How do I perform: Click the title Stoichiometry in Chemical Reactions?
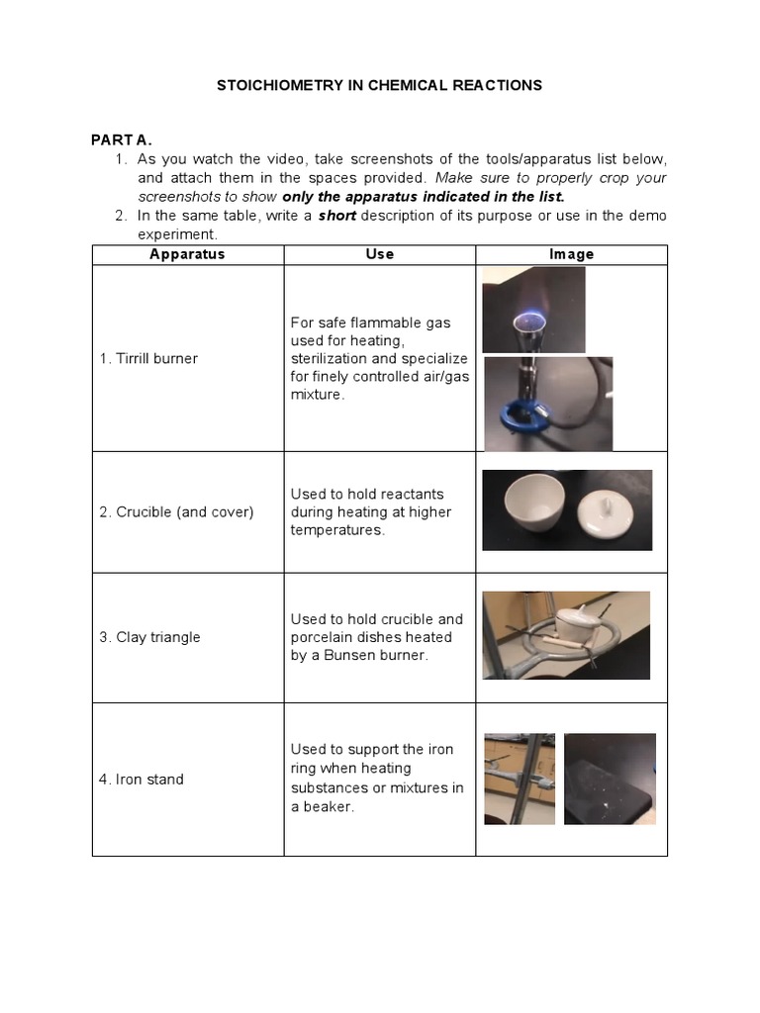click(x=379, y=85)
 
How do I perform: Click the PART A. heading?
click(x=122, y=140)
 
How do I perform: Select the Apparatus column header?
click(x=187, y=254)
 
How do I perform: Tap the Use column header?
click(x=379, y=254)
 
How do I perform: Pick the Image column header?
click(x=571, y=254)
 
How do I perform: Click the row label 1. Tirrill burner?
click(x=147, y=358)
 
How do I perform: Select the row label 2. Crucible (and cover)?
click(x=176, y=511)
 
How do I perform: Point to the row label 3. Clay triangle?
click(x=149, y=637)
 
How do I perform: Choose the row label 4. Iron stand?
click(x=141, y=780)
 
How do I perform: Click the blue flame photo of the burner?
click(x=533, y=310)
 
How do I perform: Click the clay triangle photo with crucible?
click(x=566, y=634)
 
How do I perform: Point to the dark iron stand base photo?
click(x=610, y=779)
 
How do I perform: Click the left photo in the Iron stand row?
click(x=520, y=779)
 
